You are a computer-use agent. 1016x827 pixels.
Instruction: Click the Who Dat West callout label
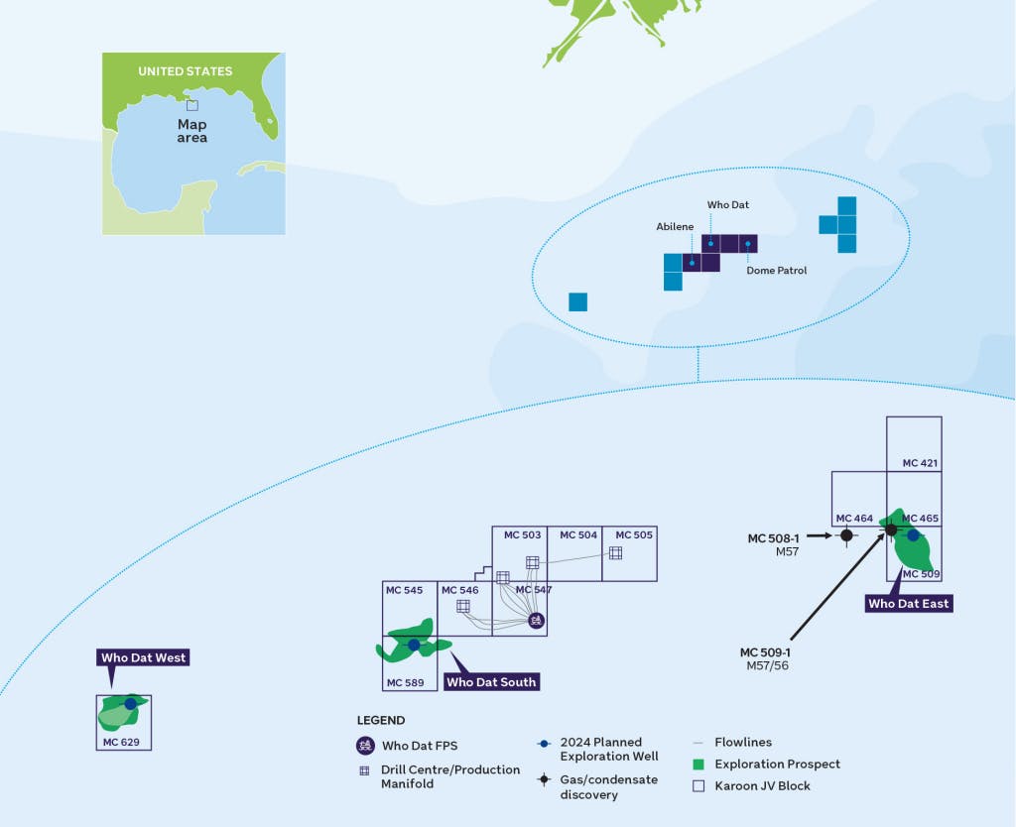(x=143, y=657)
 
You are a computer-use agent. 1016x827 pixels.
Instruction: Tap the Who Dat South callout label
(x=491, y=682)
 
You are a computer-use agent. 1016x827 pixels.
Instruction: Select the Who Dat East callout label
(x=908, y=603)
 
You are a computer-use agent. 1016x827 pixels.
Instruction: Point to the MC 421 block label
(x=920, y=463)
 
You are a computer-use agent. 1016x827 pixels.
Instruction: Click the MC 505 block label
(x=634, y=535)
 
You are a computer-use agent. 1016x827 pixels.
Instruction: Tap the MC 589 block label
(x=405, y=682)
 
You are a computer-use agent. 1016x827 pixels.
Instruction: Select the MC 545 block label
(x=405, y=590)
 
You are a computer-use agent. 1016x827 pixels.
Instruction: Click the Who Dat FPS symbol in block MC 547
(x=536, y=620)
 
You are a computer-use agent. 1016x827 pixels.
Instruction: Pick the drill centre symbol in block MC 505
(x=615, y=552)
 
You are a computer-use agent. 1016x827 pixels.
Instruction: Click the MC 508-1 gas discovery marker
(x=845, y=535)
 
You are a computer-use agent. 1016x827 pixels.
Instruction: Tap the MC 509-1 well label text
(x=765, y=652)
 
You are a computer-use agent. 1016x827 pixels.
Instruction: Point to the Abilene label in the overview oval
(x=675, y=227)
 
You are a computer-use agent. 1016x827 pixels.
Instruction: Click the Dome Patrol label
(x=778, y=270)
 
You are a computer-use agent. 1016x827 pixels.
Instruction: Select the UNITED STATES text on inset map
(x=185, y=71)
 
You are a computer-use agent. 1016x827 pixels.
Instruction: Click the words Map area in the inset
(x=191, y=131)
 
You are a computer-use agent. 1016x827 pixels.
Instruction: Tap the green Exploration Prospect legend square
(x=698, y=765)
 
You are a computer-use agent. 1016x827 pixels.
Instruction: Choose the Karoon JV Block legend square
(x=698, y=785)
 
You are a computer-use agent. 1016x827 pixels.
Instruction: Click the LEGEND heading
(x=381, y=720)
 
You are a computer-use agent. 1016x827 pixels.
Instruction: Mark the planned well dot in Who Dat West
(x=130, y=704)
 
